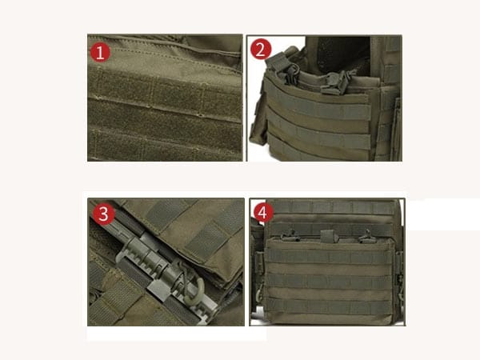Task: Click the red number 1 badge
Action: [x=100, y=53]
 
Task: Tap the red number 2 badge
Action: [x=261, y=50]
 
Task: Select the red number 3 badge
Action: [x=103, y=214]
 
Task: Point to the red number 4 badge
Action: [x=263, y=212]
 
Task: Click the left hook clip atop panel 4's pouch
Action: [x=289, y=236]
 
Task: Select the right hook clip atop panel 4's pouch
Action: [x=366, y=236]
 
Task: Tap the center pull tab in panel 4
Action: [x=326, y=235]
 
